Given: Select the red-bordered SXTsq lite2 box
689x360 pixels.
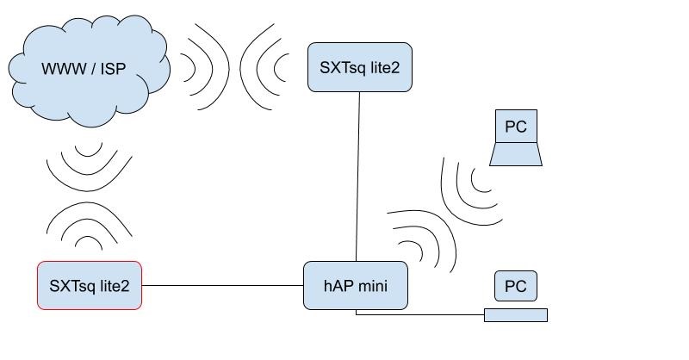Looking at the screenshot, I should (x=89, y=285).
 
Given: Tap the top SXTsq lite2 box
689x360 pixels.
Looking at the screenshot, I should (x=359, y=66).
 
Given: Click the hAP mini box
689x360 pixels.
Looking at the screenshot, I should (x=355, y=285).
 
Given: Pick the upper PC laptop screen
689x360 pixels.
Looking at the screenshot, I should (x=516, y=127).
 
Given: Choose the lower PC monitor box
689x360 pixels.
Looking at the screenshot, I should (x=516, y=285).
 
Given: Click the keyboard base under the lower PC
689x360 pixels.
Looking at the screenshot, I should (x=516, y=315).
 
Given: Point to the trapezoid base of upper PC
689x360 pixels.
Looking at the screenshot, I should (x=516, y=155).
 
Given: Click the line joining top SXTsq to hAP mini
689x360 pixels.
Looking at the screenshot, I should (x=358, y=172).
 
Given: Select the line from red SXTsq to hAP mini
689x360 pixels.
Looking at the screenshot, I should (x=222, y=285).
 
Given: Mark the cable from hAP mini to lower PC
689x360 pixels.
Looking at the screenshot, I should (x=422, y=314).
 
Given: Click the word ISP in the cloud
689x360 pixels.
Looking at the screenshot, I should (x=111, y=67).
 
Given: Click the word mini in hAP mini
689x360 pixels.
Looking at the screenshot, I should (x=377, y=285).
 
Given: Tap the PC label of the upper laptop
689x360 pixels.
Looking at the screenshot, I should (x=516, y=127).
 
